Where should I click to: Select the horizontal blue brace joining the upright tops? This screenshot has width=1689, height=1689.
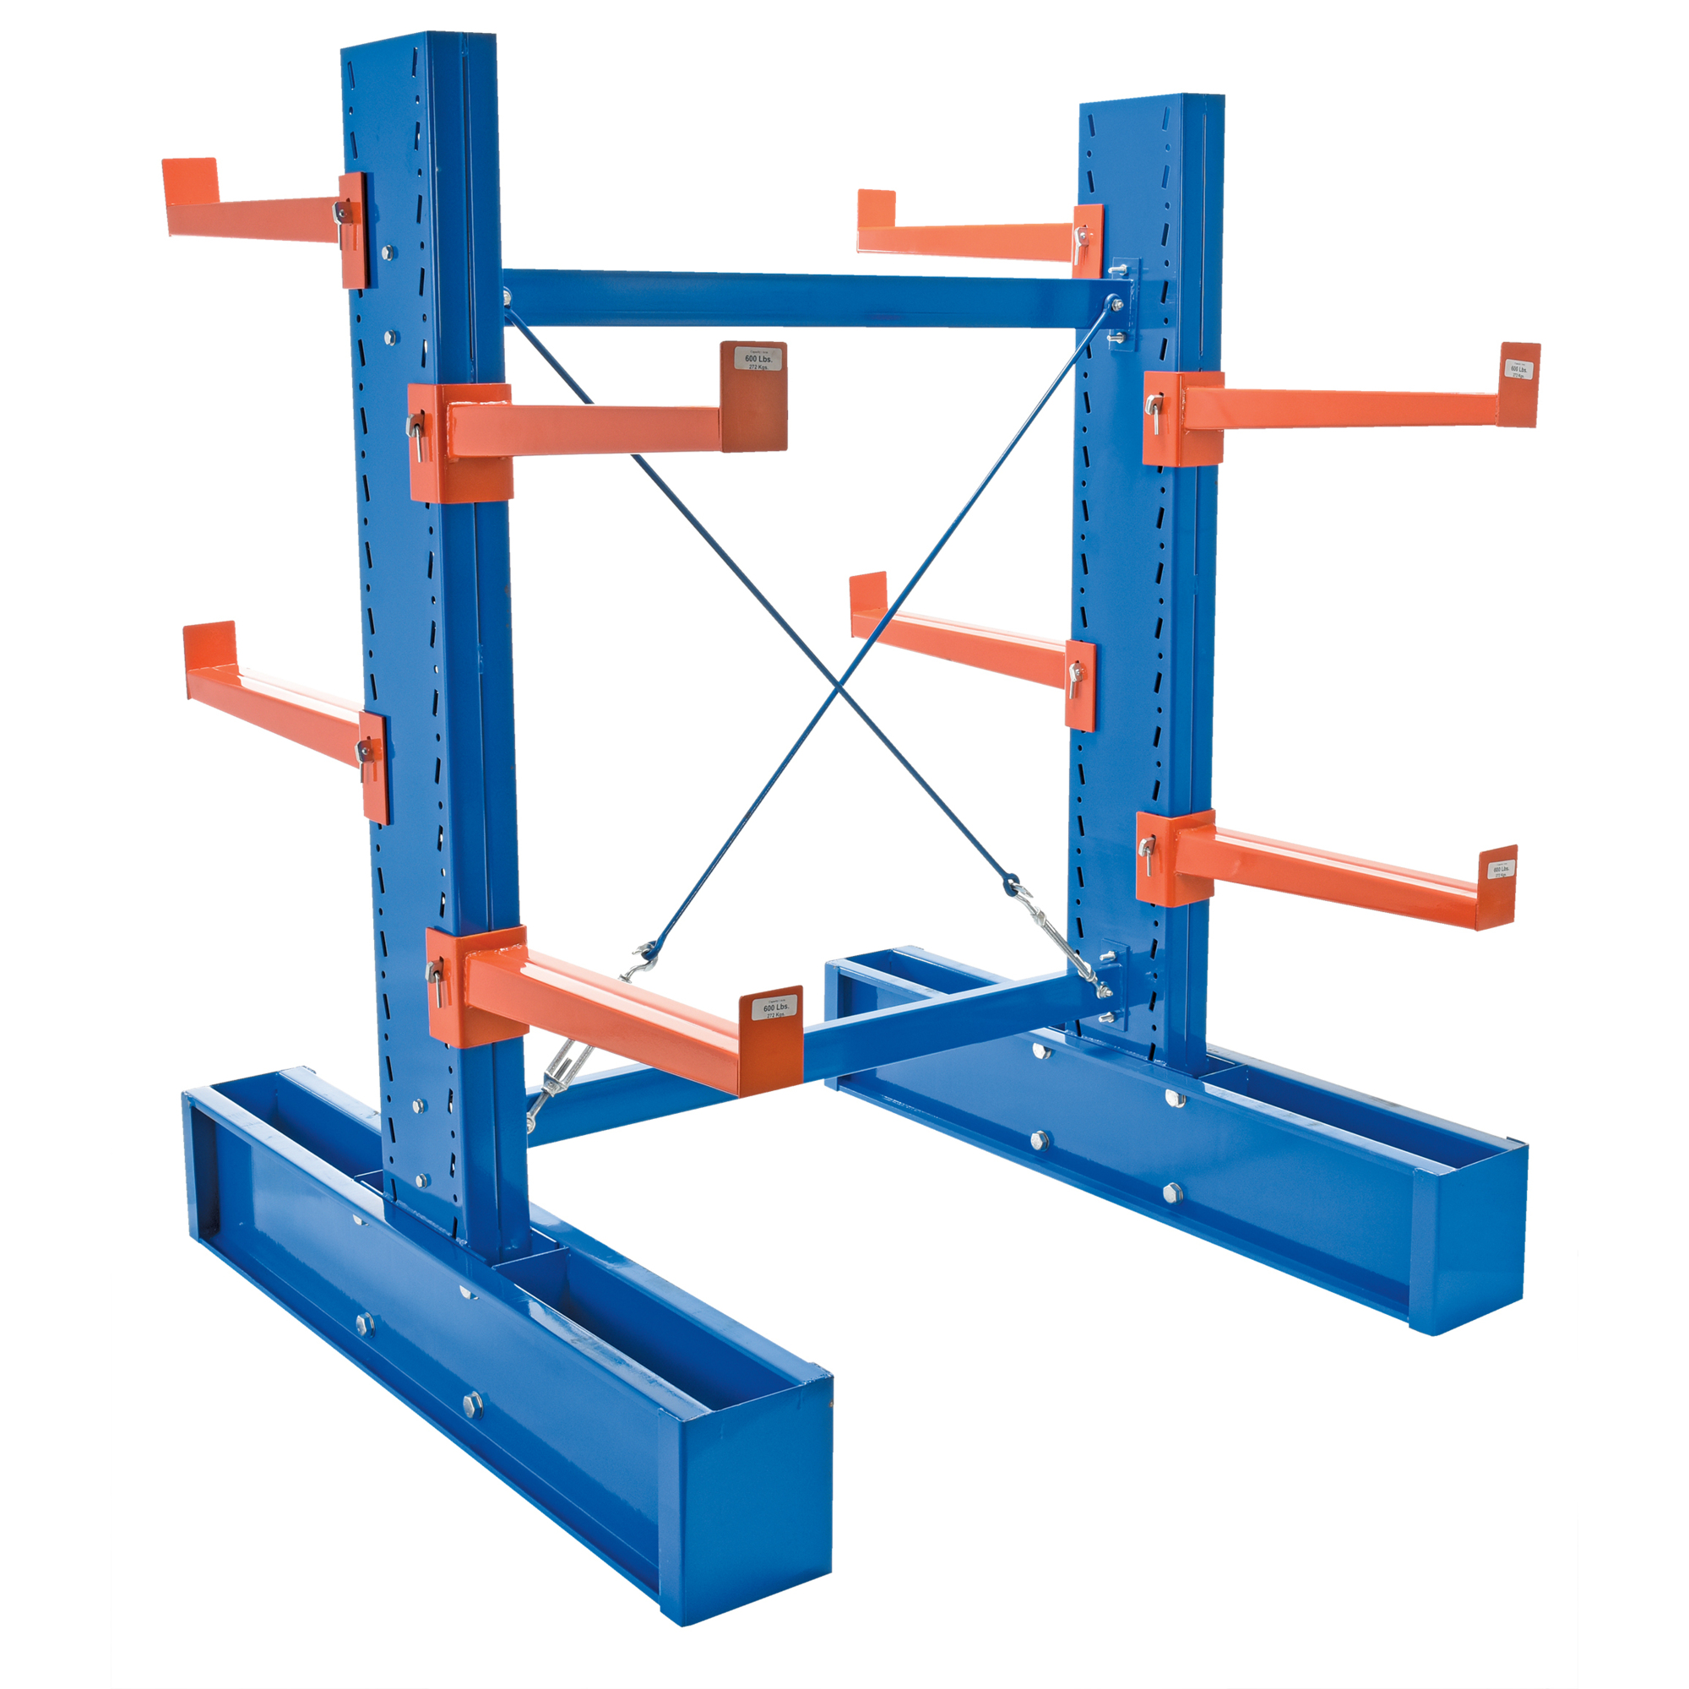804,300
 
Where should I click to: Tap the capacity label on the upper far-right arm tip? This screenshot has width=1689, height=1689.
1519,371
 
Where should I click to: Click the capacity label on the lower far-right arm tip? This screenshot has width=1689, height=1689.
1501,872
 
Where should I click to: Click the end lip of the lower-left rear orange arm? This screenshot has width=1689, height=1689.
209,646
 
